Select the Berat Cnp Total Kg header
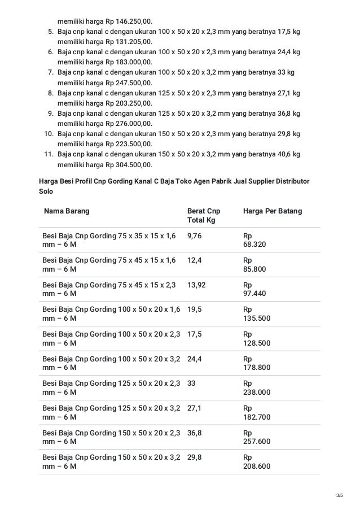click(203, 215)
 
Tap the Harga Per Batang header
click(272, 211)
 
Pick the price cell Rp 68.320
click(254, 240)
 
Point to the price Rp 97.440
click(254, 289)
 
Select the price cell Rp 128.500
click(256, 338)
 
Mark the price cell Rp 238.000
click(256, 387)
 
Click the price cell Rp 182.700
click(256, 412)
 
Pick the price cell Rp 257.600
click(256, 437)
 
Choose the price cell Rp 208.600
click(256, 461)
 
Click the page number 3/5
click(339, 496)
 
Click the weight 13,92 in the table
click(196, 285)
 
